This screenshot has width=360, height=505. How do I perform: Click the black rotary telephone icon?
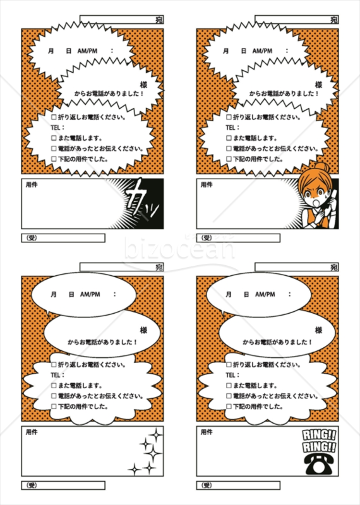coord(320,464)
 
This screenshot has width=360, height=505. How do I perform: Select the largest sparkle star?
coord(150,443)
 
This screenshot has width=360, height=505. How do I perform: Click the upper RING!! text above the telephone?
coord(319,434)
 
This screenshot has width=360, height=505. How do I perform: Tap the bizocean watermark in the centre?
coord(180,251)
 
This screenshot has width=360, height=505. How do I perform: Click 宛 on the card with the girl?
coord(334,21)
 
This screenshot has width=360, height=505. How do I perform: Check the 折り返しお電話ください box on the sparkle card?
coord(54,365)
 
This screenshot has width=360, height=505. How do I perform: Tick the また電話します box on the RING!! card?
coord(229,385)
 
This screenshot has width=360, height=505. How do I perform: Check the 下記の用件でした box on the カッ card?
coord(54,159)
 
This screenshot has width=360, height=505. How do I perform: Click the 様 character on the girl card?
coord(319,85)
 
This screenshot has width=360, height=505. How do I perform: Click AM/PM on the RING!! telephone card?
coord(265,295)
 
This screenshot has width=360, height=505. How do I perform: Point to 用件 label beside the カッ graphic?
coord(30,185)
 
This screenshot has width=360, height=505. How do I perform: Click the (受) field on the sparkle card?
coord(63,485)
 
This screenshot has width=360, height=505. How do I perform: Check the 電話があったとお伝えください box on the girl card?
coord(229,149)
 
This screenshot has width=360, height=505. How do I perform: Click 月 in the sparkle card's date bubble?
coord(52,295)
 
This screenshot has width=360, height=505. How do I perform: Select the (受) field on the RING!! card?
coord(238,485)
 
